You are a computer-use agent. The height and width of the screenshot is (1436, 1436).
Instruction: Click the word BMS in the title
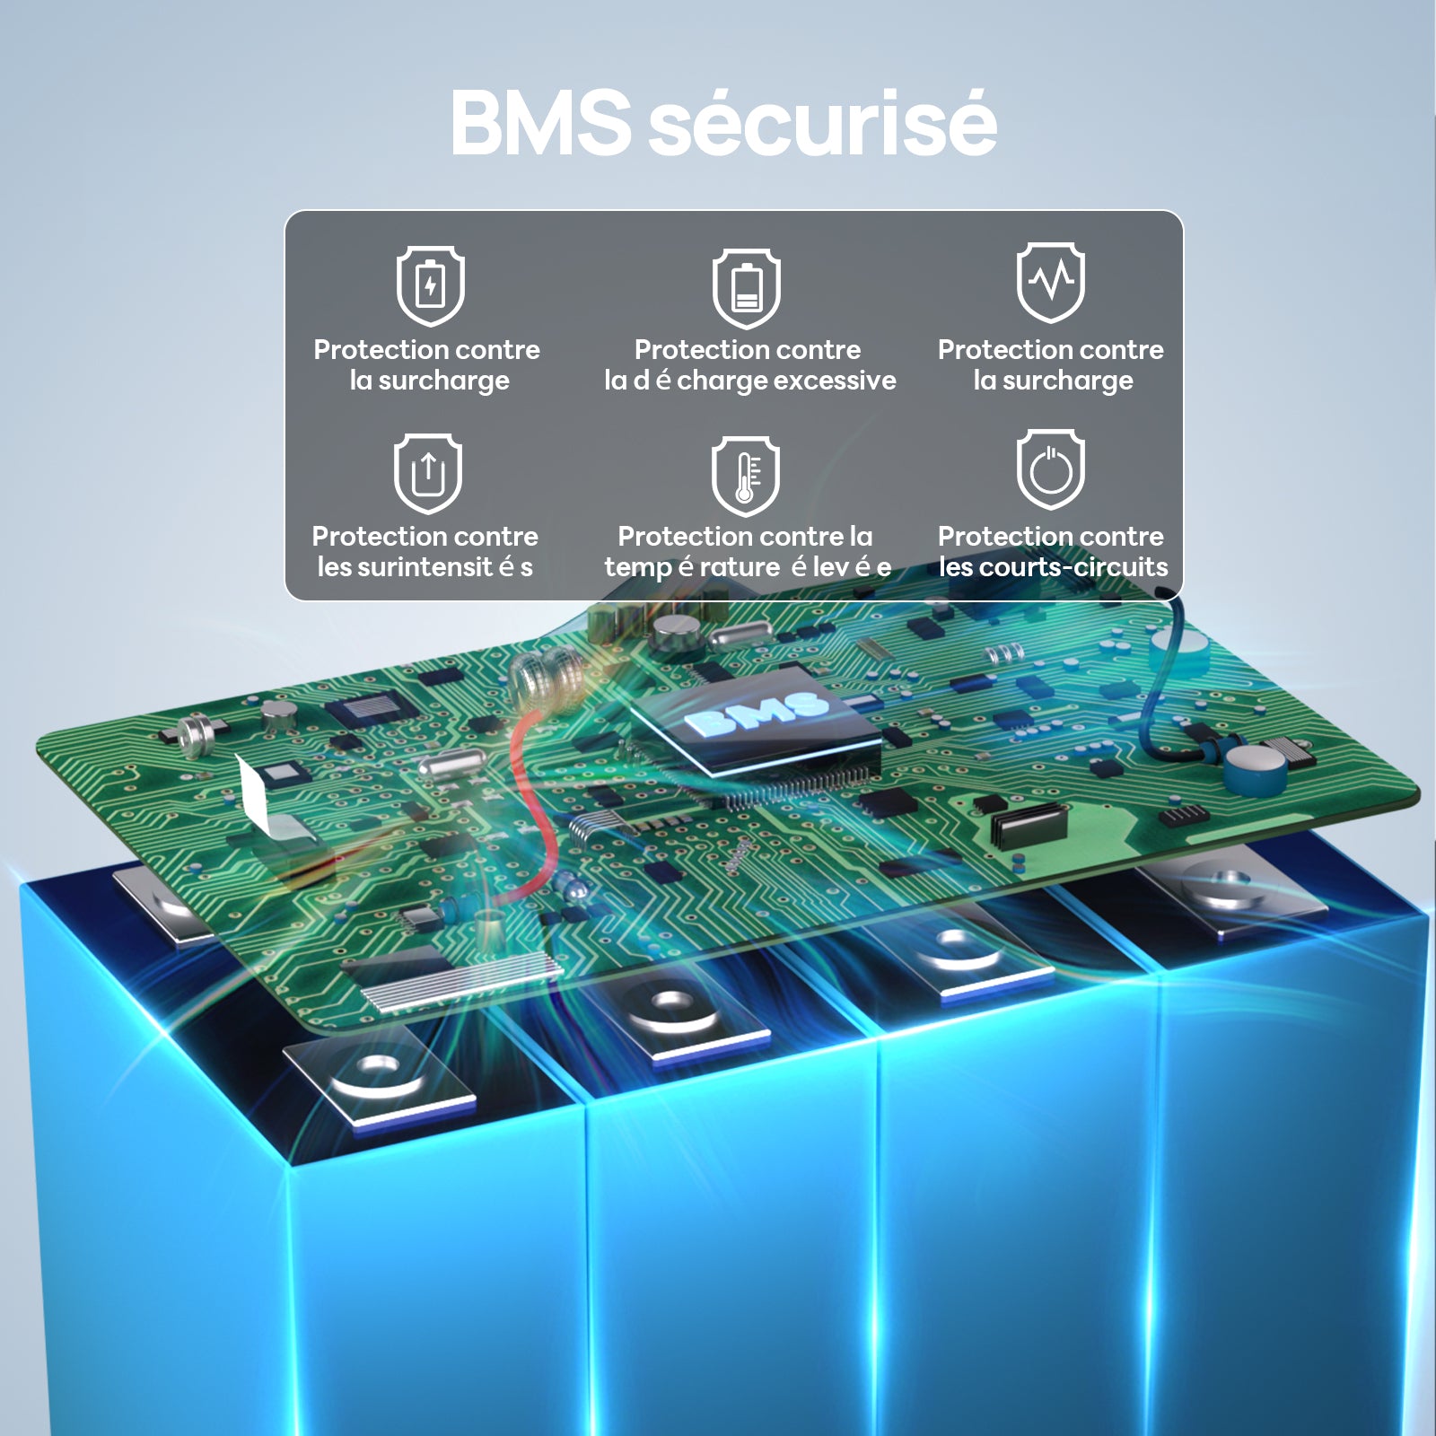(540, 122)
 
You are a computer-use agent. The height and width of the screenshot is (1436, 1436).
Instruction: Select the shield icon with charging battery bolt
(431, 285)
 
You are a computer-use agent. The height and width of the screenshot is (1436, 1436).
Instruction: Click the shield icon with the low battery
(747, 289)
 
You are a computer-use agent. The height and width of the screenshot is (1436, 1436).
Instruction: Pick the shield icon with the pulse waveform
(1051, 282)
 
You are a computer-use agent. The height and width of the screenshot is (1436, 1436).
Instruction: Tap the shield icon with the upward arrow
(428, 473)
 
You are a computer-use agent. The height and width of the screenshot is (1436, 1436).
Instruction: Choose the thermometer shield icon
(746, 477)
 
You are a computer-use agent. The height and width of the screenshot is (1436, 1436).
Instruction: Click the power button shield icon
(1051, 469)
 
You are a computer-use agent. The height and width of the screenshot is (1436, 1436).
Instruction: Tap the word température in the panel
(692, 568)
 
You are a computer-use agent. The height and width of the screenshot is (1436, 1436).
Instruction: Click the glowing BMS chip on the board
(756, 718)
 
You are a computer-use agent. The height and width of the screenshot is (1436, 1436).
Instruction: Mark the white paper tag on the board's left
(265, 795)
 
